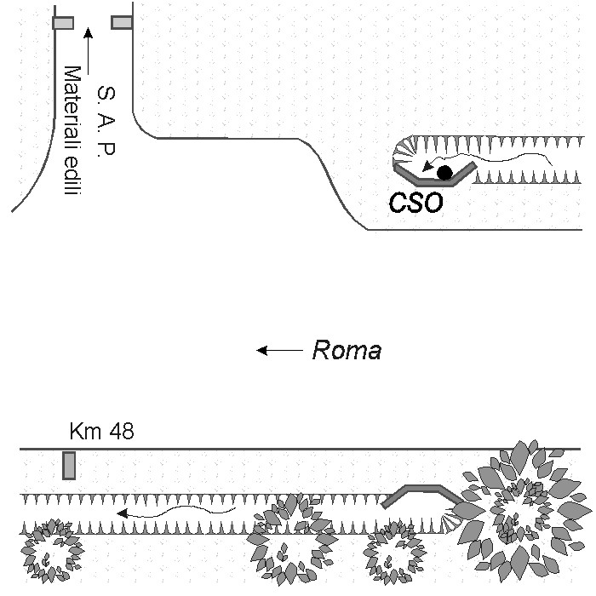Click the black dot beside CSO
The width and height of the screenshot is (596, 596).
pos(444,174)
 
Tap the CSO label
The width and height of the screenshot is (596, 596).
pos(416,204)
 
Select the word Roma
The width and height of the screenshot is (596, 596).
pos(347,350)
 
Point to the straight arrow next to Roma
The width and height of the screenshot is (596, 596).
pos(281,350)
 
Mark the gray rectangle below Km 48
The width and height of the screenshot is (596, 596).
pos(69,466)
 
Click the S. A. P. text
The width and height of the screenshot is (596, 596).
pos(106,120)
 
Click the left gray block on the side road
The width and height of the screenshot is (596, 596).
pos(63,23)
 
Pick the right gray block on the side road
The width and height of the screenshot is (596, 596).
pos(122,22)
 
